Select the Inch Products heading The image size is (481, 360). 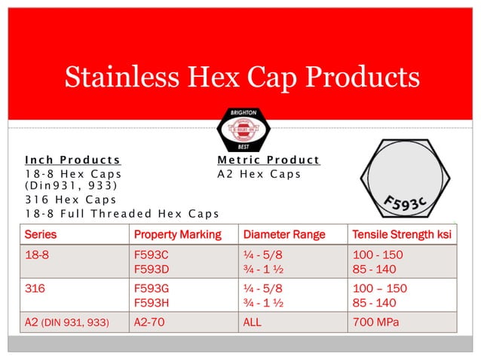[x=72, y=160]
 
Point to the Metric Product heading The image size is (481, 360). [x=268, y=160]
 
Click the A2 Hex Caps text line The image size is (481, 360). [x=259, y=174]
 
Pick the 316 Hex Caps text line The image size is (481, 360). [x=71, y=200]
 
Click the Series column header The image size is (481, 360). [x=41, y=235]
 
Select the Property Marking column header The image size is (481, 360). [x=177, y=235]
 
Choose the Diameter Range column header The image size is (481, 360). [x=283, y=235]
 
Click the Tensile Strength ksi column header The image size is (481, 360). [x=402, y=235]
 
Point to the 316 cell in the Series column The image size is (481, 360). [x=35, y=288]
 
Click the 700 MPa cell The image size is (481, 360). [x=375, y=322]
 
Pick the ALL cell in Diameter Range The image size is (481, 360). [x=253, y=322]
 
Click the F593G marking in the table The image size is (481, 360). [x=151, y=288]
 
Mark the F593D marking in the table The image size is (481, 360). [x=151, y=268]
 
